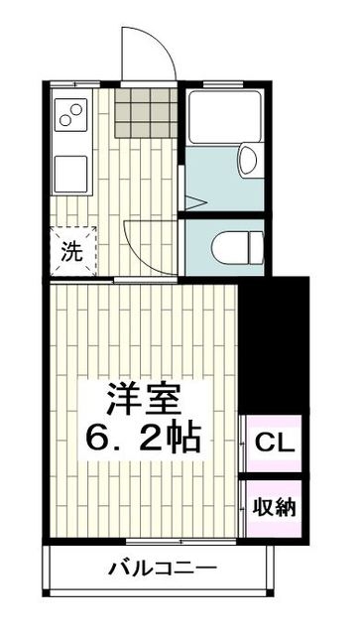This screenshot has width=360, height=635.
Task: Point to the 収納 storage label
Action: (273, 508)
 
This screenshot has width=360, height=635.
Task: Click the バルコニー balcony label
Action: (162, 570)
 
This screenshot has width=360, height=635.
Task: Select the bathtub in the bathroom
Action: (224, 120)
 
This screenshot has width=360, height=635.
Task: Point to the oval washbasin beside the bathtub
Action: (247, 161)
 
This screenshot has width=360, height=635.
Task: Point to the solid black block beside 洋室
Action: (274, 342)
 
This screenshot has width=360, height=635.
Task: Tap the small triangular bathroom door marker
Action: (194, 201)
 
